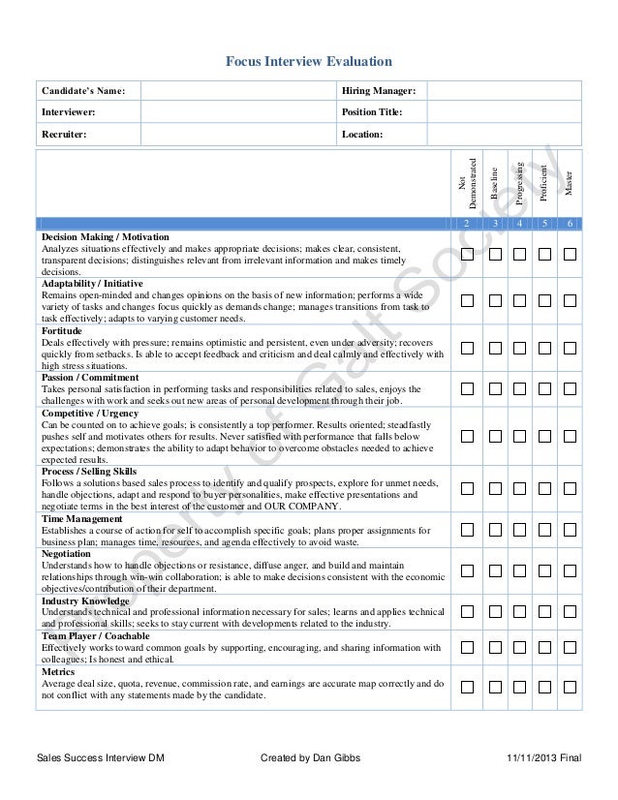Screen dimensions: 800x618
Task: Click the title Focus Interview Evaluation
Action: click(x=309, y=62)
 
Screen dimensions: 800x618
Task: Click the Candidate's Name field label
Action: click(x=83, y=91)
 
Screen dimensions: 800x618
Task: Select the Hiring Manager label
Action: click(x=379, y=91)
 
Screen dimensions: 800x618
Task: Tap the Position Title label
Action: click(x=372, y=112)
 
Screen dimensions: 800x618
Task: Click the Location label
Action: click(x=363, y=134)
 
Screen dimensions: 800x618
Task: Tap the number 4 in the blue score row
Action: click(x=519, y=224)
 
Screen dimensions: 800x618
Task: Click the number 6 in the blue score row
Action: click(x=570, y=224)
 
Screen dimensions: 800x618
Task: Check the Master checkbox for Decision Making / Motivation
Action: click(x=570, y=254)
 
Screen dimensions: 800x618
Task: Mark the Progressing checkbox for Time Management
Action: click(x=519, y=530)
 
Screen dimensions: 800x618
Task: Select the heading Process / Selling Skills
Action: click(x=89, y=471)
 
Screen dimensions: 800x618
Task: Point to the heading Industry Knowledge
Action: click(x=85, y=601)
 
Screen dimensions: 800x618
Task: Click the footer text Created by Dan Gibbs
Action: click(x=311, y=757)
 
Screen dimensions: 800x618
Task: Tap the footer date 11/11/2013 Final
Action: click(x=543, y=757)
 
